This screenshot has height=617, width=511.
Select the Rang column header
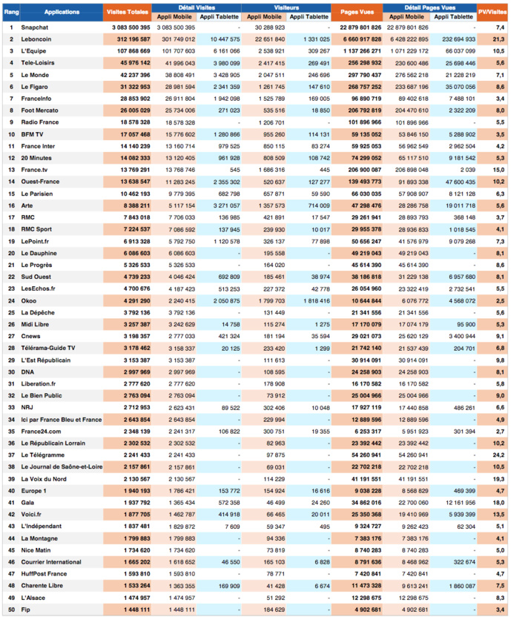pyautogui.click(x=11, y=12)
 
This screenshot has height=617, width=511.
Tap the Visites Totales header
pyautogui.click(x=128, y=12)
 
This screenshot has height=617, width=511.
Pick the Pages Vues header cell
pyautogui.click(x=361, y=12)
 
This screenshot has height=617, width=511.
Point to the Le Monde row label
pyautogui.click(x=34, y=74)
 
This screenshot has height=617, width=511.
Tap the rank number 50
pyautogui.click(x=11, y=610)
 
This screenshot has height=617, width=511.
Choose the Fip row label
pyautogui.click(x=26, y=610)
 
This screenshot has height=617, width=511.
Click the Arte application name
pyautogui.click(x=27, y=205)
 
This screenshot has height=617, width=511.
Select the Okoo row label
pyautogui.click(x=29, y=300)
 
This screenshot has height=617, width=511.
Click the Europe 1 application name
pyautogui.click(x=34, y=490)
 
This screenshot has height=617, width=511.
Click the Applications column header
pyautogui.click(x=62, y=12)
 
